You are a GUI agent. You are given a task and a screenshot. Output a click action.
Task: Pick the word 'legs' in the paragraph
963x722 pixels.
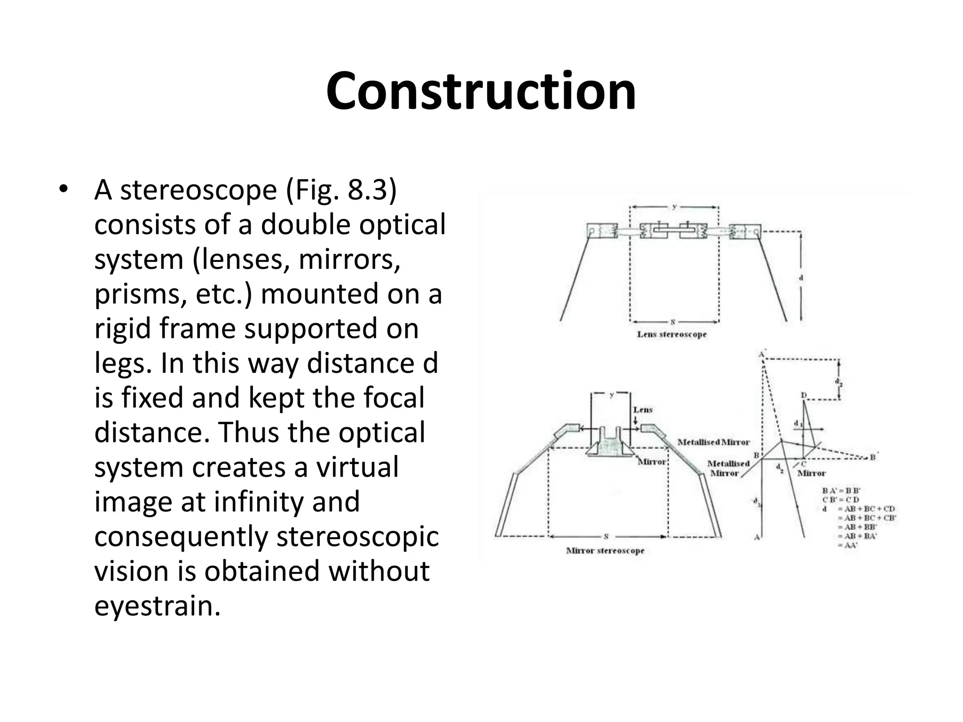[x=120, y=363]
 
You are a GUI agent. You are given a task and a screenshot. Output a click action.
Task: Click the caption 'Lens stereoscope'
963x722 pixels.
[x=671, y=335]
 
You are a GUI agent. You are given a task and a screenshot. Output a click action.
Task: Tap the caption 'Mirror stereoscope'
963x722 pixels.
[x=605, y=550]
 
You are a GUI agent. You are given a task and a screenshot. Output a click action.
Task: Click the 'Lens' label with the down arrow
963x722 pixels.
[x=643, y=410]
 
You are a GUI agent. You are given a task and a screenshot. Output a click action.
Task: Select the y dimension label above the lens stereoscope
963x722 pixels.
[x=674, y=206]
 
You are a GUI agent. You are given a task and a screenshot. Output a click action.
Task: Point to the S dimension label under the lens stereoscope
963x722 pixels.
[x=673, y=322]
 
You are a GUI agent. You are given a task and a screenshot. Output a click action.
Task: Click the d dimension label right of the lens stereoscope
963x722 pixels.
[x=801, y=278]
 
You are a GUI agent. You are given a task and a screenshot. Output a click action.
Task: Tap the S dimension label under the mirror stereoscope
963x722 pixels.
[x=607, y=536]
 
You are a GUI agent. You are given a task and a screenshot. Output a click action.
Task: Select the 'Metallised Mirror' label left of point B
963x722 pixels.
[x=728, y=468]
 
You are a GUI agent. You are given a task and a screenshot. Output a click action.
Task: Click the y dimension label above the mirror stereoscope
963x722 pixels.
[x=611, y=395]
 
